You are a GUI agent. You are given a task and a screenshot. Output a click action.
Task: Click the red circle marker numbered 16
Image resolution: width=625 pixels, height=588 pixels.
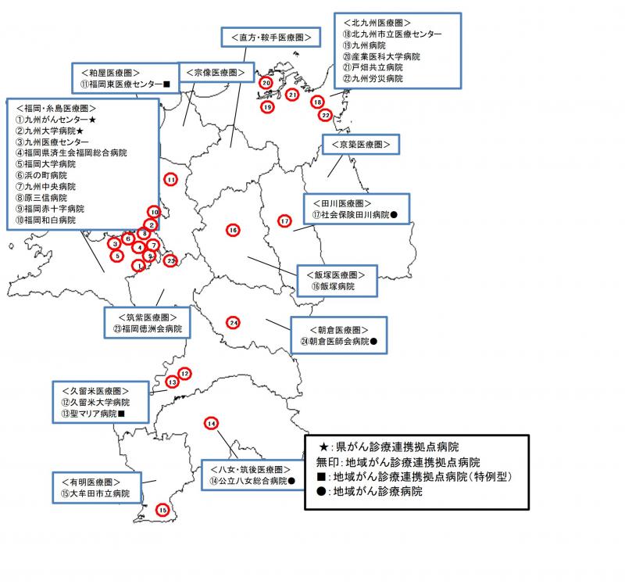pyautogui.click(x=232, y=230)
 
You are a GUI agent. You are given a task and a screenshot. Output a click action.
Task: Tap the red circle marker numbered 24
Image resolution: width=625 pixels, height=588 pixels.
pyautogui.click(x=234, y=322)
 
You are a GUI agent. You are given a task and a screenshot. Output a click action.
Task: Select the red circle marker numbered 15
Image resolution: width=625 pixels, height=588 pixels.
pyautogui.click(x=162, y=510)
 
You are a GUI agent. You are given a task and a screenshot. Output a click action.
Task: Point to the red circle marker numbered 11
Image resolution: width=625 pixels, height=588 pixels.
pyautogui.click(x=170, y=180)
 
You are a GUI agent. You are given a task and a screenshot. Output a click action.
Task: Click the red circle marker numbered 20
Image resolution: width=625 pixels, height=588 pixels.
pyautogui.click(x=266, y=83)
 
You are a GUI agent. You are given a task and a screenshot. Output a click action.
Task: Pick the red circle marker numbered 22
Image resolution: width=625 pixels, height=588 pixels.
pyautogui.click(x=326, y=115)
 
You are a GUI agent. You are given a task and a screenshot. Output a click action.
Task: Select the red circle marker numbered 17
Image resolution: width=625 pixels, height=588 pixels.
pyautogui.click(x=284, y=221)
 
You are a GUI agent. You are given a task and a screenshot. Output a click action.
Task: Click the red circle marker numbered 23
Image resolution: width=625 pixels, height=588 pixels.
pyautogui.click(x=170, y=260)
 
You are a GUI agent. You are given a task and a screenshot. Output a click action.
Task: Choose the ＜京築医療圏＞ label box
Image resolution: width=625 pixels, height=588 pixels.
pyautogui.click(x=360, y=145)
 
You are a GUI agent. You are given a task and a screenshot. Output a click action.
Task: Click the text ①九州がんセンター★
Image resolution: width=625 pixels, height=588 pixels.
pyautogui.click(x=55, y=120)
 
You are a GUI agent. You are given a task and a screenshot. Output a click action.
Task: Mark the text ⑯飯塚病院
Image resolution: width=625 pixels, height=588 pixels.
pyautogui.click(x=332, y=287)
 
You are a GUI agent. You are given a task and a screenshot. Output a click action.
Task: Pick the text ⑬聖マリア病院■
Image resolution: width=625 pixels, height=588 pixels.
pyautogui.click(x=91, y=413)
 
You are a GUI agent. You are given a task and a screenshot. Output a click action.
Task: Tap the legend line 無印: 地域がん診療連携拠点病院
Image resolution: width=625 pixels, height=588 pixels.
pyautogui.click(x=398, y=462)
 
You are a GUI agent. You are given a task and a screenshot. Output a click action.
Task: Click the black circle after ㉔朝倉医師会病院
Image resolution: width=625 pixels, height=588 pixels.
pyautogui.click(x=373, y=342)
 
